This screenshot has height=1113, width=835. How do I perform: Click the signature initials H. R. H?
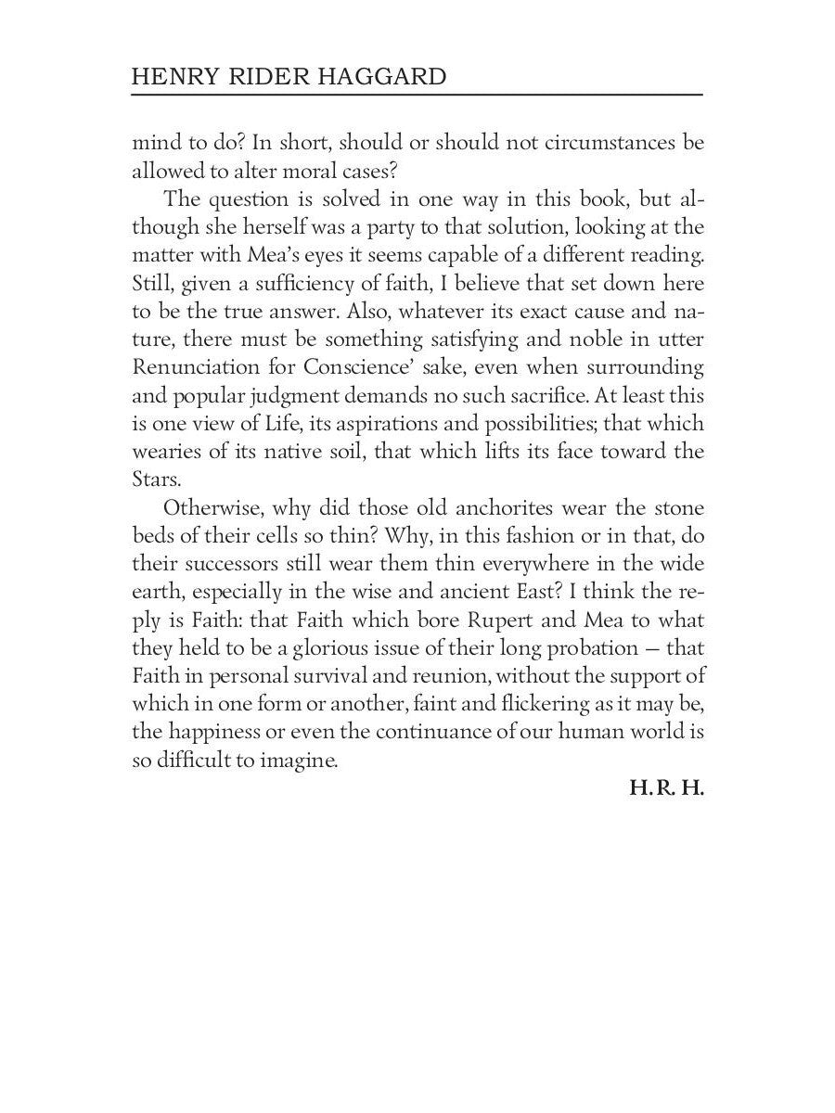tap(666, 790)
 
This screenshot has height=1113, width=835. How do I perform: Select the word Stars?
tap(154, 480)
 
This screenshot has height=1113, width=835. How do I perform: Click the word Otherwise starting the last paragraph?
tap(212, 509)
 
